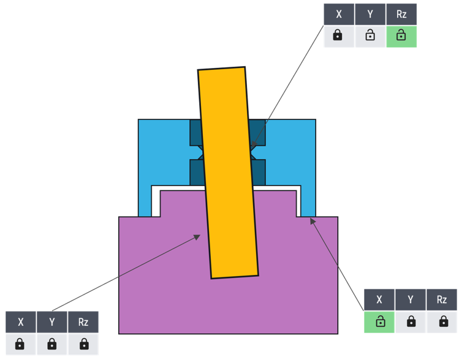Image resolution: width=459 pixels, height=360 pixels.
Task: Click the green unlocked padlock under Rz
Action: [401, 36]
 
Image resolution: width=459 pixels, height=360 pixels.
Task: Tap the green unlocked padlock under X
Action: [379, 321]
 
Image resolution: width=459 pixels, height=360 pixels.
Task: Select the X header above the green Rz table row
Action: [338, 14]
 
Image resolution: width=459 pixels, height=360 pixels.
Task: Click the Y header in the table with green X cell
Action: [411, 299]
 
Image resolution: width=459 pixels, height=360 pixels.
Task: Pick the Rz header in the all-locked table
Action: [83, 322]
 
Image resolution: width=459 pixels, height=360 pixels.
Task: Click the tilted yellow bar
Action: [228, 171]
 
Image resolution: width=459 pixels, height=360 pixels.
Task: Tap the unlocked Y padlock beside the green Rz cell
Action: [370, 36]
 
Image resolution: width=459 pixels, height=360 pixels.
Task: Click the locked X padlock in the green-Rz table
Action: [338, 36]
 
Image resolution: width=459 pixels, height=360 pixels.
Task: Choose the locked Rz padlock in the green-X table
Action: [442, 321]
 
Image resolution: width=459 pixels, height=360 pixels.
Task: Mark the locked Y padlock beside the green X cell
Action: [411, 321]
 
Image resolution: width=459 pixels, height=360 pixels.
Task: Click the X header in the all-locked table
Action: [21, 322]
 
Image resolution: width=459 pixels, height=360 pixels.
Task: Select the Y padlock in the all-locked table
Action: [52, 344]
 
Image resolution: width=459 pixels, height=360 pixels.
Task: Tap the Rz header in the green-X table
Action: [442, 299]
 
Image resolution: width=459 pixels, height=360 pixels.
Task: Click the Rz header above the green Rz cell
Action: [401, 14]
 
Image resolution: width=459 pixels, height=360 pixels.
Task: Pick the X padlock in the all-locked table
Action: [21, 344]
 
